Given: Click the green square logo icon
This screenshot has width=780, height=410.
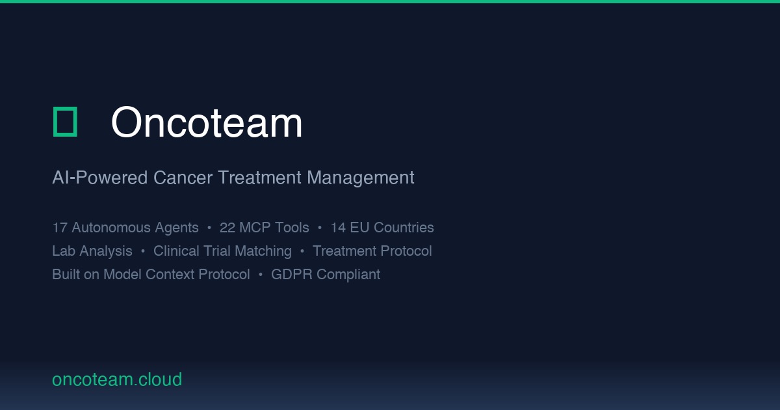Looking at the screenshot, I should pos(65,122).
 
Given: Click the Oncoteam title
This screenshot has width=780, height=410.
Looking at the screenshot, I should pos(207,122).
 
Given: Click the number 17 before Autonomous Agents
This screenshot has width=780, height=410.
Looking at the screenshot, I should pos(60,228).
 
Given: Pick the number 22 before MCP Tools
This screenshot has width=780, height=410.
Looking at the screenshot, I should pos(227,228).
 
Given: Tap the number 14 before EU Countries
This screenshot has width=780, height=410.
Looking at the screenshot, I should pos(338,228).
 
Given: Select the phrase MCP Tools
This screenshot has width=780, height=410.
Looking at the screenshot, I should pos(274,228).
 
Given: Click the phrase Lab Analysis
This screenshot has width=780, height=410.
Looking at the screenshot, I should pos(92,251).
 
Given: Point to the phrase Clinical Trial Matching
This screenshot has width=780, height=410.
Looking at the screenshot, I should pos(222,251).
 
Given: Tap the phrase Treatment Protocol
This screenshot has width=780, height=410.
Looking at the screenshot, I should pos(372,251).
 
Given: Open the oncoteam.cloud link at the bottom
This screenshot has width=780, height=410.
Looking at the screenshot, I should pos(117,379).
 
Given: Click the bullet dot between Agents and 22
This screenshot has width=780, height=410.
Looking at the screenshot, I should pos(209,228).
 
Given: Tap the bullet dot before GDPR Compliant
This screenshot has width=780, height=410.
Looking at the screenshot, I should pos(261,275).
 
